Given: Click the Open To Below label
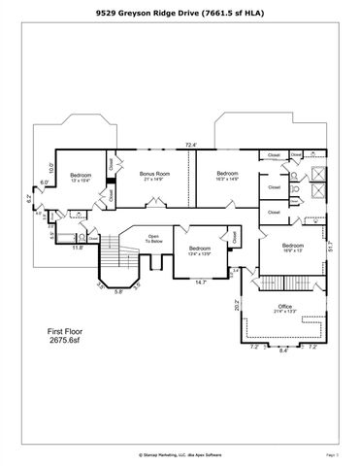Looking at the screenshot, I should (x=153, y=238).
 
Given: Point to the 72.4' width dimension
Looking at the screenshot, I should (x=191, y=146).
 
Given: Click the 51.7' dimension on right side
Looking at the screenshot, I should (x=330, y=248).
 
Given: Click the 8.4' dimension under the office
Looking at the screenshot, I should (x=283, y=352).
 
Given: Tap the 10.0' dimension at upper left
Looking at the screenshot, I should (x=50, y=167).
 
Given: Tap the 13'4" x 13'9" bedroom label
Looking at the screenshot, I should (x=200, y=250).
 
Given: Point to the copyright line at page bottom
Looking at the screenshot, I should (x=180, y=452).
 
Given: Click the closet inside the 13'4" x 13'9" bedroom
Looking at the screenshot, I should (x=235, y=236).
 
